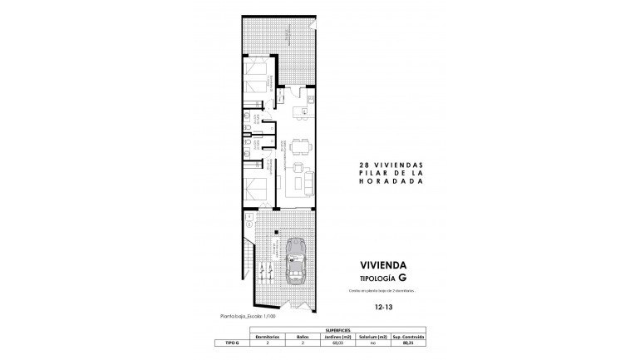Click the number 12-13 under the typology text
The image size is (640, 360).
385,307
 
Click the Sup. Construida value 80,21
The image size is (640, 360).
409,342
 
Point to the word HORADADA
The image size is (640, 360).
387,180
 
